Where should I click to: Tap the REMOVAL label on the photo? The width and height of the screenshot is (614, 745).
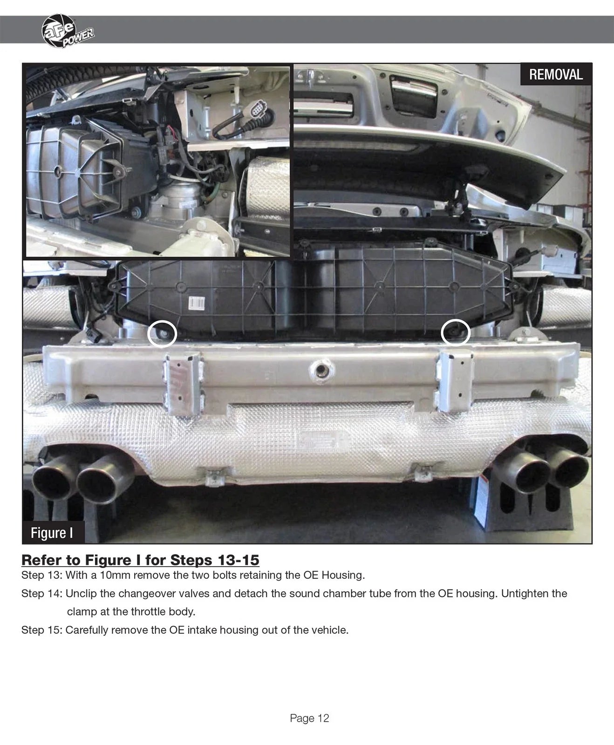coord(556,74)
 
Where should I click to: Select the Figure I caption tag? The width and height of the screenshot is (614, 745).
coord(52,533)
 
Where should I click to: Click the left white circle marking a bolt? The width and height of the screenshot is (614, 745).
coord(162,333)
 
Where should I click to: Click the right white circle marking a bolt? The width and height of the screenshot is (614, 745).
coord(455,332)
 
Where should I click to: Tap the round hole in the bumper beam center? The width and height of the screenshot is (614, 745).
coord(321,370)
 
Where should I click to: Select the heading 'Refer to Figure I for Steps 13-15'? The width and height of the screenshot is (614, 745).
coord(140,559)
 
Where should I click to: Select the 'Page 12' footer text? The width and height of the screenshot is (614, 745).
coord(309,718)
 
